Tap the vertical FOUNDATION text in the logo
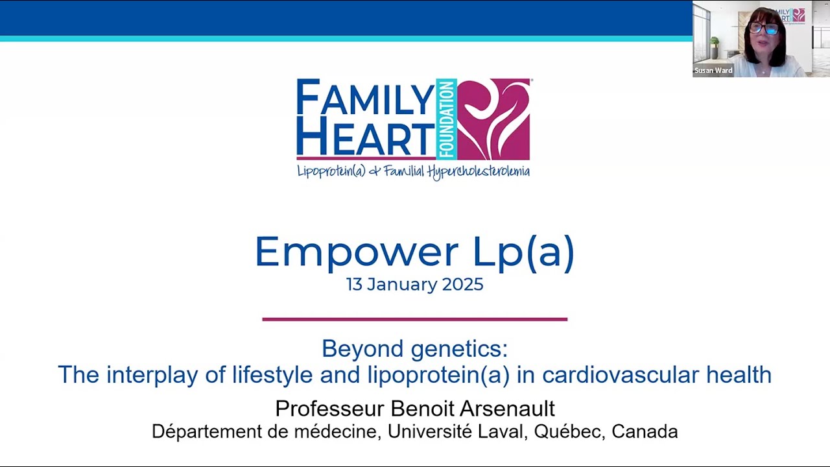pyautogui.click(x=446, y=119)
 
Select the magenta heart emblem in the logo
pyautogui.click(x=494, y=119)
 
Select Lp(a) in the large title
pyautogui.click(x=523, y=252)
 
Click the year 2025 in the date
pyautogui.click(x=463, y=285)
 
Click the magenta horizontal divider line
pyautogui.click(x=415, y=319)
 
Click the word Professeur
pyautogui.click(x=330, y=409)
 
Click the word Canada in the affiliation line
pyautogui.click(x=645, y=431)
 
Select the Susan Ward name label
pyautogui.click(x=713, y=71)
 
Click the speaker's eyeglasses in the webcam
pyautogui.click(x=764, y=29)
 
